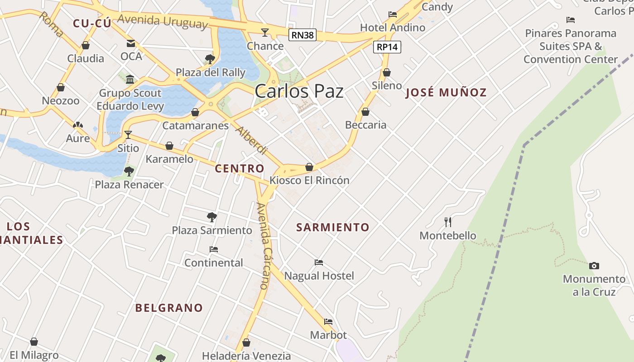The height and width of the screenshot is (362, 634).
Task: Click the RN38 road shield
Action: (303, 35)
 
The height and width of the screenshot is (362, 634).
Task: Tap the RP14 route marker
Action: (388, 47)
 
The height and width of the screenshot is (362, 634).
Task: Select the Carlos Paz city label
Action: (299, 91)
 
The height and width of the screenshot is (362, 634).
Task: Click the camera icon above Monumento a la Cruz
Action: (594, 266)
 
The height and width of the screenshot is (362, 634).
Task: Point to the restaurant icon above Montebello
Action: (448, 222)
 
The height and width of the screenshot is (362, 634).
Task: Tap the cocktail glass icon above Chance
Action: (265, 32)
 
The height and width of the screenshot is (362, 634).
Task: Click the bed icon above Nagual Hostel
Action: (319, 262)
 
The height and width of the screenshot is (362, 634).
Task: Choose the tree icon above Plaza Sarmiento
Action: (211, 217)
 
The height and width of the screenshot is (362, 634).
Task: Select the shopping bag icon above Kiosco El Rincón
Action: (309, 167)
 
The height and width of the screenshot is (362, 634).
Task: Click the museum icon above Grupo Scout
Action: (130, 79)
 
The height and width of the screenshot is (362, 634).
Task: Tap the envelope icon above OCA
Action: (131, 43)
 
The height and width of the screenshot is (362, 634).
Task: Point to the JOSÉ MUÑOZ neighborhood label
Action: (446, 93)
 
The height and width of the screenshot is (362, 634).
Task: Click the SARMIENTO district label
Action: (333, 227)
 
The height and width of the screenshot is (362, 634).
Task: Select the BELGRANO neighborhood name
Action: (169, 308)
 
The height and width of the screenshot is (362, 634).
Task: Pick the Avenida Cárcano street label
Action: (263, 246)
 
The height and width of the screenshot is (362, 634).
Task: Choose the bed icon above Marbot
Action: (328, 322)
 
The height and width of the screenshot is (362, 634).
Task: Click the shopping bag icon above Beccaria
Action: (365, 112)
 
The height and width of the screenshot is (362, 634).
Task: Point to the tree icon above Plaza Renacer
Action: (129, 171)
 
